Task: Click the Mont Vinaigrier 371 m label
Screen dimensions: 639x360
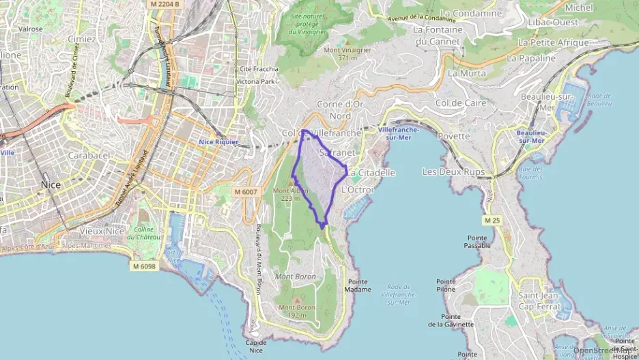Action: (341, 54)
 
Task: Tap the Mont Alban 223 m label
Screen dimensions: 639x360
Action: (291, 194)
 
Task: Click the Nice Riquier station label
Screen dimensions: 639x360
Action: (217, 141)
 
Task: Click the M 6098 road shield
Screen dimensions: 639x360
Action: (144, 266)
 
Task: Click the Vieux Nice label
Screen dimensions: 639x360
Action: (101, 231)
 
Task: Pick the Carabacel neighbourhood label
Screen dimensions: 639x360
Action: (89, 155)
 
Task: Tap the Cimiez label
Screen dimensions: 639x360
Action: (81, 39)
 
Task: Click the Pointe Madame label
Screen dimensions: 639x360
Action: (359, 286)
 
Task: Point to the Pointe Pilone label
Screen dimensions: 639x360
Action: (446, 286)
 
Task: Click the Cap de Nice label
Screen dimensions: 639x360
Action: (255, 346)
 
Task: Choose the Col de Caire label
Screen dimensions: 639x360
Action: (461, 102)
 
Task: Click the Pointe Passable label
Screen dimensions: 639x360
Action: (477, 241)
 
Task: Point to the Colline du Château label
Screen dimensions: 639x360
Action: (144, 233)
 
